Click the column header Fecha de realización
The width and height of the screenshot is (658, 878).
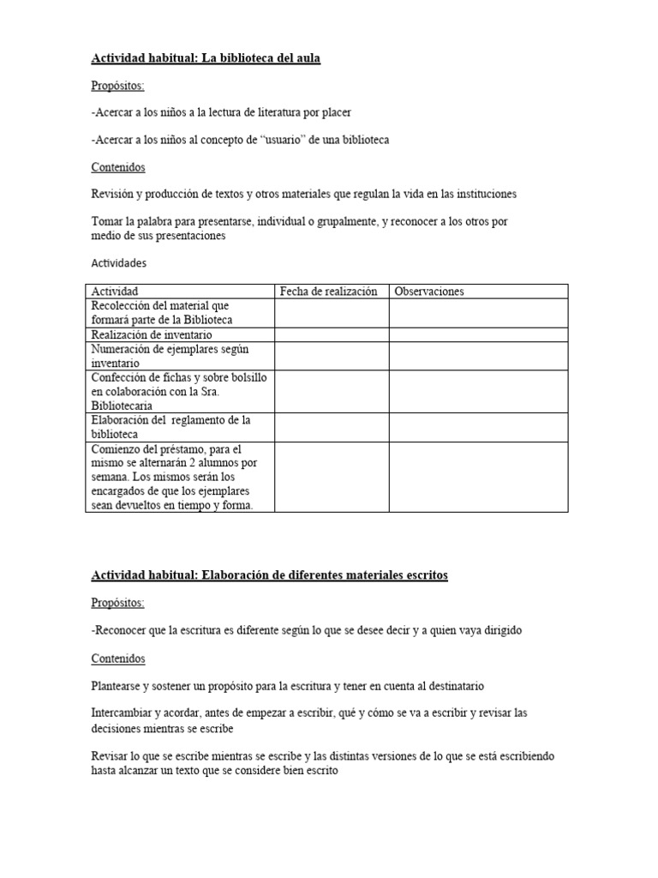tap(328, 292)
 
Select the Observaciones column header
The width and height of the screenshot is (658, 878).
tap(428, 292)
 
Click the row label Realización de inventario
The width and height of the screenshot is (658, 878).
tap(152, 334)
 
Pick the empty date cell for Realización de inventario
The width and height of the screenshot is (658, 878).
tap(332, 334)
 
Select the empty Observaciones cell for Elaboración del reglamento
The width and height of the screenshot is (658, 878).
tap(478, 427)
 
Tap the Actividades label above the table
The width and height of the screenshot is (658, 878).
tap(119, 264)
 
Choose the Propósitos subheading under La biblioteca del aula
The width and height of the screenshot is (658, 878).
tap(118, 86)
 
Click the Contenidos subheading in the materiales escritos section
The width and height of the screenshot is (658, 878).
tap(118, 658)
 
